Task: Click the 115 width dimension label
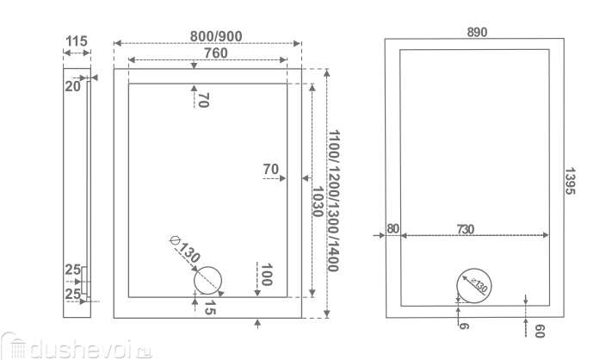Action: [77, 40]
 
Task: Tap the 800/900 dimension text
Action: [206, 35]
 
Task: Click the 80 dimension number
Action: [393, 228]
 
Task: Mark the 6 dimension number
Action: [463, 326]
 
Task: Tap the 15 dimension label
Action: [208, 309]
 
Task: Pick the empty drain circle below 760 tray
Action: [207, 281]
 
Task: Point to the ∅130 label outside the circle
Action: [185, 249]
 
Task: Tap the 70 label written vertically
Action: [203, 100]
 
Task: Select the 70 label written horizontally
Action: [272, 169]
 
